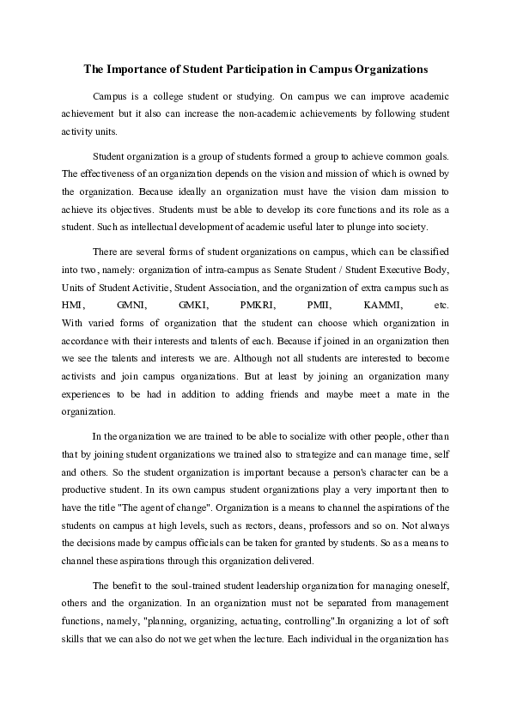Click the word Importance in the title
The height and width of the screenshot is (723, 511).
[134, 66]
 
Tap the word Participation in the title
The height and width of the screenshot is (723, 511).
[248, 66]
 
